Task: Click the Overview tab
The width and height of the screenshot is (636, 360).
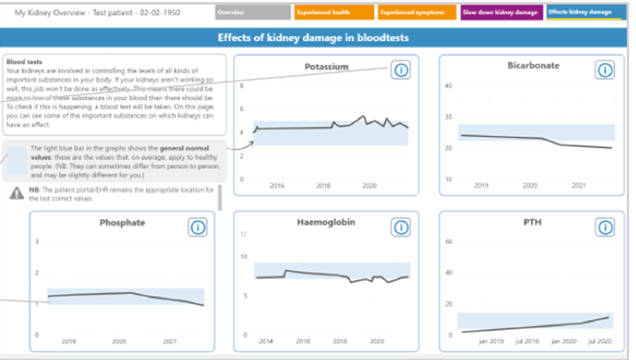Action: coord(253,13)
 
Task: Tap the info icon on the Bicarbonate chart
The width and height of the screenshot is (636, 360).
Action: coord(606,71)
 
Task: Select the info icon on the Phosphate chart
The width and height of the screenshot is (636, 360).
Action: coord(198,227)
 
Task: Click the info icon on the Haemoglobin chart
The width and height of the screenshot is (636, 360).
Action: coord(401,227)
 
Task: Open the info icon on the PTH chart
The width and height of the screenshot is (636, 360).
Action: coord(606,227)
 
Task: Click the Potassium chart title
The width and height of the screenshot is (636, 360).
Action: coord(327,67)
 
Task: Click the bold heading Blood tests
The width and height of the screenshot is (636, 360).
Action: coord(23,61)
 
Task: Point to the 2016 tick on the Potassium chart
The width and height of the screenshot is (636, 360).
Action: coord(277,187)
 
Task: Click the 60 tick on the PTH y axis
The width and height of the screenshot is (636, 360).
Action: coord(446,242)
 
